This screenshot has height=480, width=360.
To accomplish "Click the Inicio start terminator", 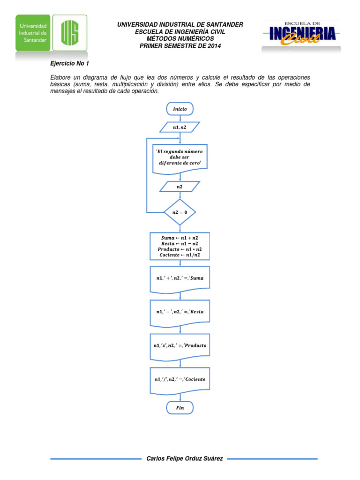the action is (x=180, y=109).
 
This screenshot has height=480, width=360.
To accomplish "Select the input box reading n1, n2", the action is (x=180, y=127).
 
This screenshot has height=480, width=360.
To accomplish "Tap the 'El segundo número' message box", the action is (x=180, y=158).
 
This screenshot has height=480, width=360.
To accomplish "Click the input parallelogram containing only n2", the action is (x=180, y=187).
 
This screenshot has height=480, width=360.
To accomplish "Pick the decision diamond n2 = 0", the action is (x=180, y=212).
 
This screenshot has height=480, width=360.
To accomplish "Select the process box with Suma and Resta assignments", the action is (x=180, y=246).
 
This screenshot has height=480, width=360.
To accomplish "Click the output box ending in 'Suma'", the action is (x=180, y=278).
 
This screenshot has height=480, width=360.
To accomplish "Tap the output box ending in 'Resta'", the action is (x=180, y=312).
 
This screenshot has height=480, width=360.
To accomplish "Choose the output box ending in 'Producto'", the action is (x=180, y=345).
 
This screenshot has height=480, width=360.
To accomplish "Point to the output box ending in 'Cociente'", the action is (x=180, y=379).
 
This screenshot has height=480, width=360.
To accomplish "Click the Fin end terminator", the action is (x=180, y=408).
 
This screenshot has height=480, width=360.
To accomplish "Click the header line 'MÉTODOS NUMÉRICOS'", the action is (x=180, y=38).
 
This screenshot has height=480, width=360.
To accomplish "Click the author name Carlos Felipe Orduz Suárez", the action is (x=185, y=458).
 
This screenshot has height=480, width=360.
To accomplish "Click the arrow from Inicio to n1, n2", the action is (x=180, y=118).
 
